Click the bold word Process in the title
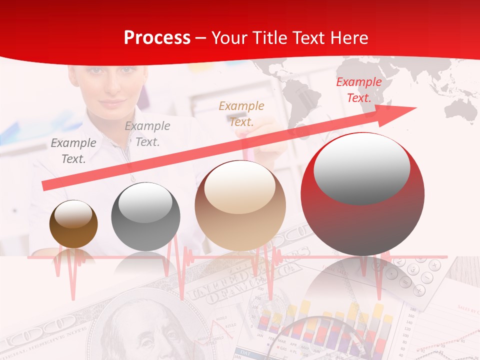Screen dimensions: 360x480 (x=157, y=38)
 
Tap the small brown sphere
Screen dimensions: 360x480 (x=73, y=224)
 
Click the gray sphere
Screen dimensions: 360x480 (x=145, y=217)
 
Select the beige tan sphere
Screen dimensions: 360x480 (x=240, y=205)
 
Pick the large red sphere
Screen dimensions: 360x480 (x=362, y=194)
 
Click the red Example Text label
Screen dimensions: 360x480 (x=358, y=90)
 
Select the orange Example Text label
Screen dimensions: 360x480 (x=241, y=113)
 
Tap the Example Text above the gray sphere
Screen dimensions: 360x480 (x=147, y=134)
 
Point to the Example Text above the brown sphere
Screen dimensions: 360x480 (x=73, y=151)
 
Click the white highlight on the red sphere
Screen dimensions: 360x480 (x=361, y=169)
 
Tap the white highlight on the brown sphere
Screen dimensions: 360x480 (x=73, y=214)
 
